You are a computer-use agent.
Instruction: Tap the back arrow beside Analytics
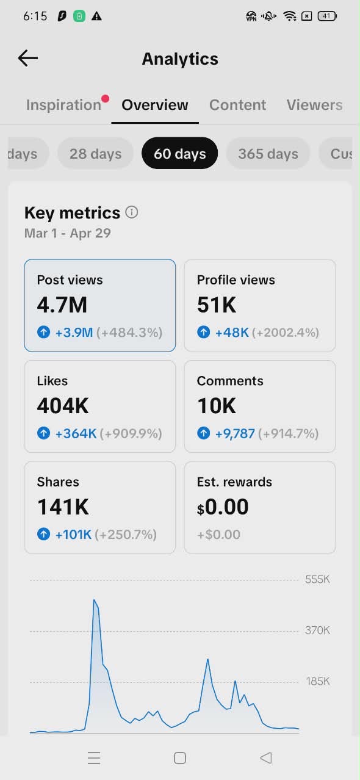(x=28, y=58)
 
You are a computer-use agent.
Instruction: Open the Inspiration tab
(x=63, y=105)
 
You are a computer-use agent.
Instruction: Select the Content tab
(x=237, y=105)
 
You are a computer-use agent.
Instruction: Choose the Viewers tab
(x=314, y=105)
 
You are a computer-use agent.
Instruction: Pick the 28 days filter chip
(x=95, y=154)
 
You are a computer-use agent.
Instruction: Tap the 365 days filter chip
(x=268, y=154)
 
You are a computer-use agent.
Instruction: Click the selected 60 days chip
(x=179, y=153)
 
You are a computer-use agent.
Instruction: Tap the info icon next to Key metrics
(x=132, y=212)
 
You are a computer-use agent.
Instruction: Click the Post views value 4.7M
(x=62, y=305)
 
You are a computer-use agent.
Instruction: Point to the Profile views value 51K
(x=217, y=305)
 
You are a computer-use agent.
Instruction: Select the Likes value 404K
(x=63, y=406)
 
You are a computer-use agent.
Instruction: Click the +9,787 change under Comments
(x=235, y=433)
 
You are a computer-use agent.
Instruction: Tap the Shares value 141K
(x=63, y=507)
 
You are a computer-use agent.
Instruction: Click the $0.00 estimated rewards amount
(x=223, y=507)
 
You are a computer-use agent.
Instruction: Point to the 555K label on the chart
(x=317, y=579)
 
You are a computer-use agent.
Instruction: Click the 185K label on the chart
(x=317, y=681)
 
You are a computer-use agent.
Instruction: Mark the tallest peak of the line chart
(x=94, y=599)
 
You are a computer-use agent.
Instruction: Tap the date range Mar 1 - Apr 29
(x=68, y=233)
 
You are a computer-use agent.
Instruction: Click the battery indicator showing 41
(x=327, y=16)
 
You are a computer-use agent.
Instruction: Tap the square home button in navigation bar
(x=179, y=758)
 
